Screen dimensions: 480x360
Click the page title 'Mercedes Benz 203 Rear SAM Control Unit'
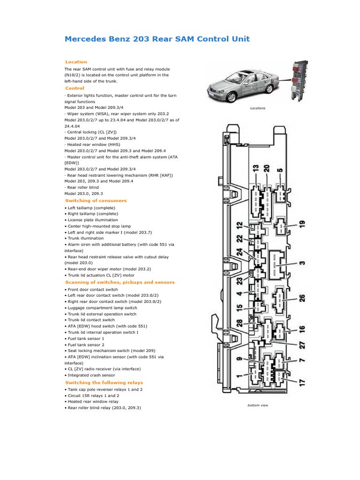click(157, 39)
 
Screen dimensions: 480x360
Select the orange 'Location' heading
click(76, 62)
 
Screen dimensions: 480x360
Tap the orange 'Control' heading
click(75, 88)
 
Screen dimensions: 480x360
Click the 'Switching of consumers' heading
click(96, 201)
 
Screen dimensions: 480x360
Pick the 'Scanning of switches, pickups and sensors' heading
click(120, 282)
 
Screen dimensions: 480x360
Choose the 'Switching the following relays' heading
click(104, 382)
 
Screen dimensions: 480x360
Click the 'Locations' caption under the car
click(257, 108)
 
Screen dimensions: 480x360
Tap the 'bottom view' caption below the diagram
click(258, 405)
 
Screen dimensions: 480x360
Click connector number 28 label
click(240, 323)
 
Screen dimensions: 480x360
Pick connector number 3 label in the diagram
click(302, 263)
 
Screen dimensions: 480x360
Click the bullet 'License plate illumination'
click(91, 220)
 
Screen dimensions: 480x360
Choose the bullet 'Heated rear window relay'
click(93, 402)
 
